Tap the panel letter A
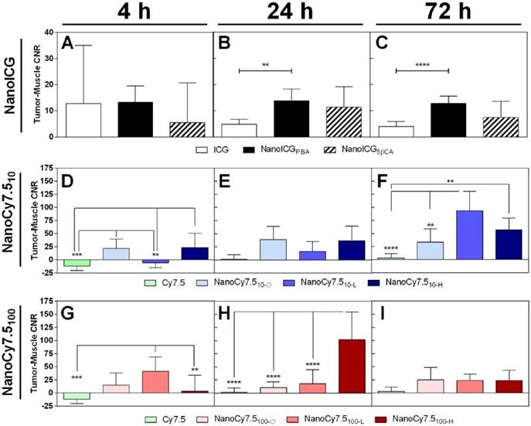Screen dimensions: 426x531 point(69,45)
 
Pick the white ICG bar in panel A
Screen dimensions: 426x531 point(83,119)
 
